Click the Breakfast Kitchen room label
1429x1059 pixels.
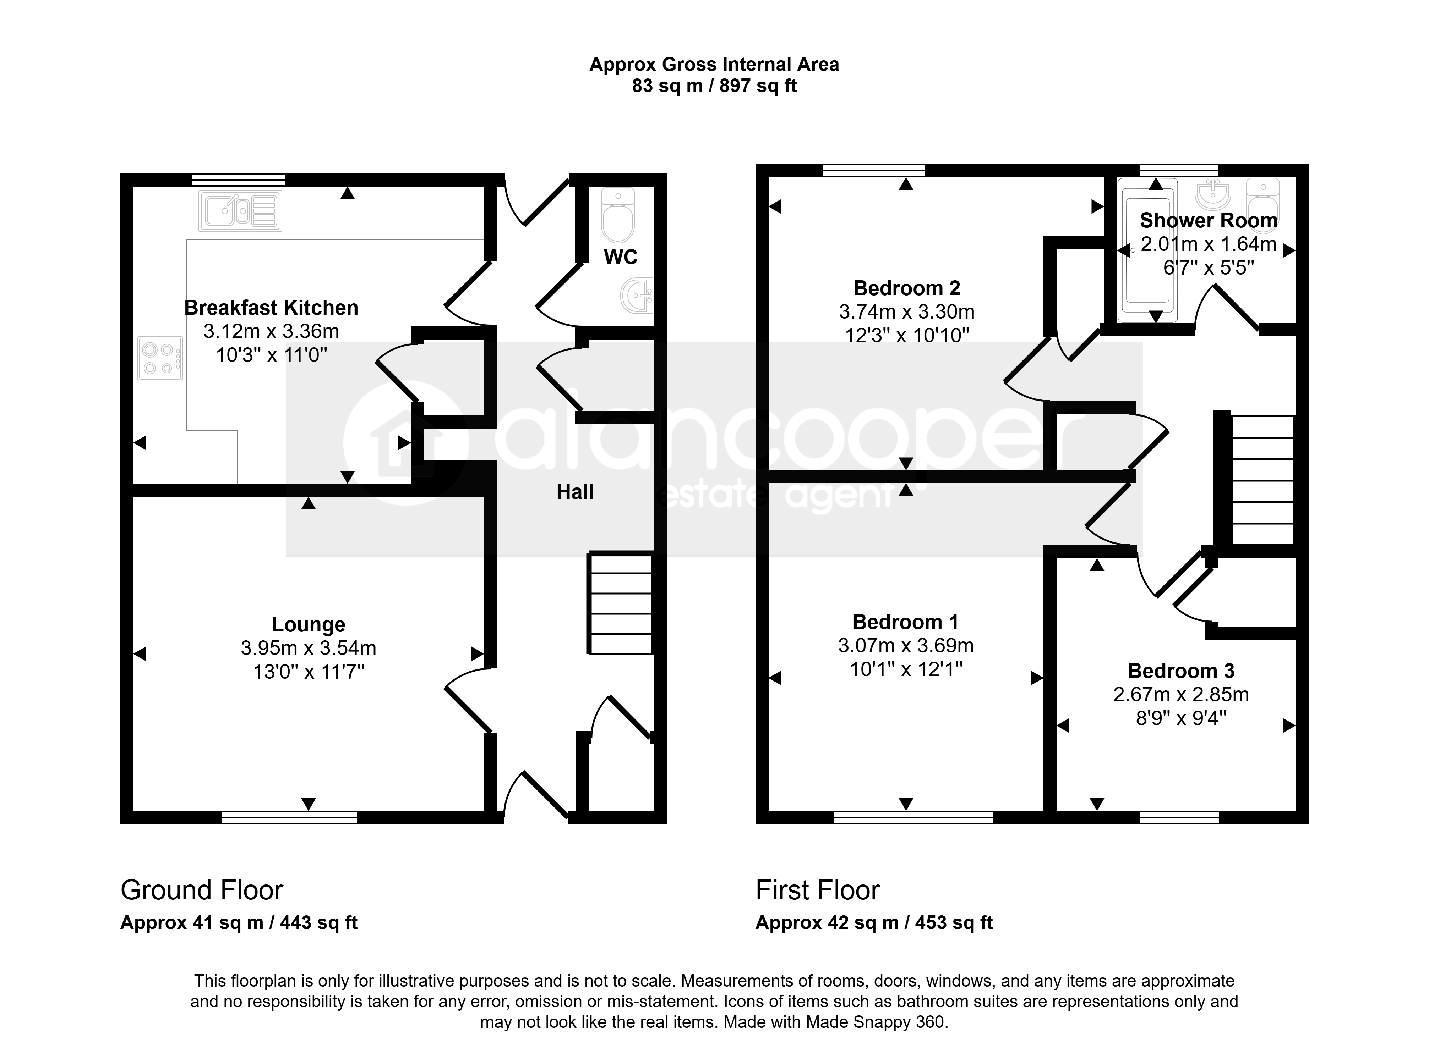(x=271, y=308)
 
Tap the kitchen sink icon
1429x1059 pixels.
(x=240, y=211)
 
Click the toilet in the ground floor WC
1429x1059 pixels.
(x=618, y=215)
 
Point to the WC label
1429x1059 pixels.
(x=620, y=257)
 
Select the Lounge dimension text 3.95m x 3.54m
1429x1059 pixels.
(x=309, y=648)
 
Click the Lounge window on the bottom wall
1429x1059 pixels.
(x=289, y=817)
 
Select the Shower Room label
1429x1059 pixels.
(x=1209, y=221)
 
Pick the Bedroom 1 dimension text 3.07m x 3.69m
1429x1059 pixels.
(x=906, y=646)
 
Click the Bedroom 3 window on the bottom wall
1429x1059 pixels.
(x=1179, y=817)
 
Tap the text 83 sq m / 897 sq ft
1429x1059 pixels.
(x=714, y=86)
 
